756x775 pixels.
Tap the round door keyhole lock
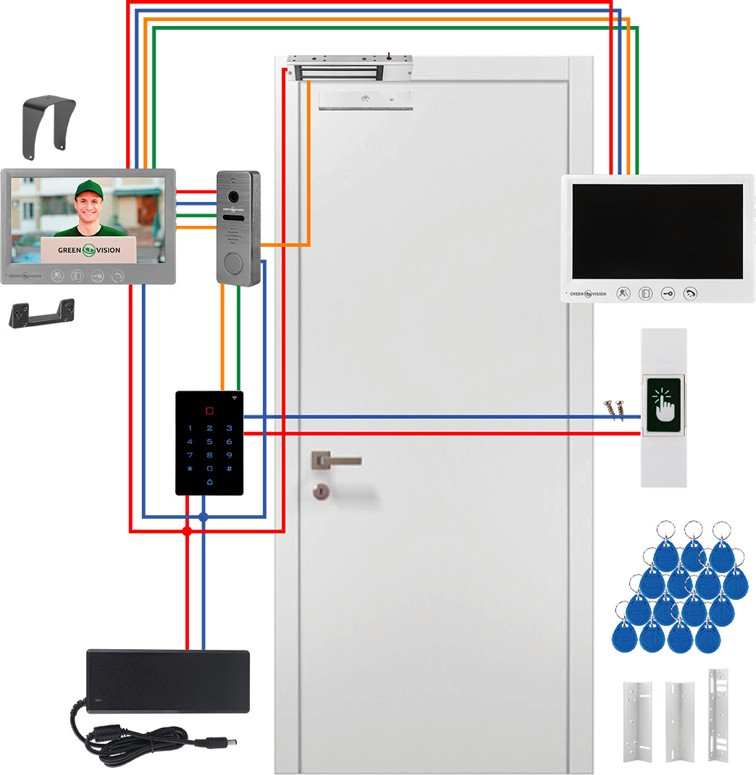318,493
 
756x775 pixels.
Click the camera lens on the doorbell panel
234,197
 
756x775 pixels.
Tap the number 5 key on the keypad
209,441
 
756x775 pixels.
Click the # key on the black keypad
229,469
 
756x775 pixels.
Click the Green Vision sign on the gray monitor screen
89,250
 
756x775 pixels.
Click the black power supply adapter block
168,680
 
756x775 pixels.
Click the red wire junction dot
187,531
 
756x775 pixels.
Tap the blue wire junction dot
203,517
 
